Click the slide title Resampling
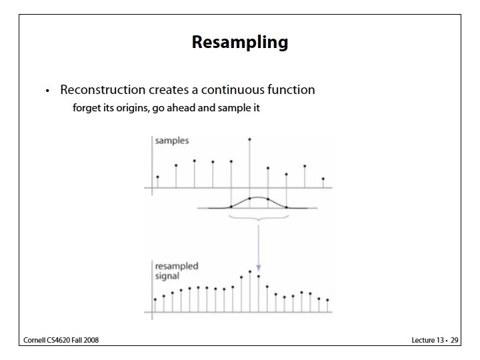click(x=240, y=43)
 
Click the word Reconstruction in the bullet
click(x=96, y=89)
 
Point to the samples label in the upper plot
click(x=172, y=141)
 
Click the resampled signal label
click(x=177, y=271)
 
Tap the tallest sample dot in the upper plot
click(x=249, y=139)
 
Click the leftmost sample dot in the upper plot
click(x=157, y=177)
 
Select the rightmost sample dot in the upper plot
click(x=323, y=179)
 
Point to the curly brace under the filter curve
click(x=258, y=219)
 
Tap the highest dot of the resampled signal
click(x=250, y=271)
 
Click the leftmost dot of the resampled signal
click(x=155, y=299)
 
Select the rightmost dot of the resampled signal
click(x=328, y=300)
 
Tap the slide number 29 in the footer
click(x=455, y=341)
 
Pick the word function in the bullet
click(x=290, y=89)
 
